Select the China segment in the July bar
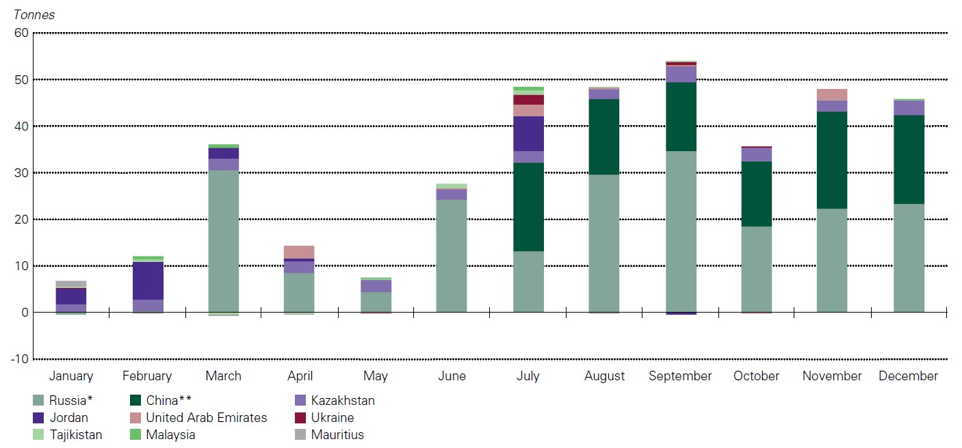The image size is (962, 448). [x=528, y=207]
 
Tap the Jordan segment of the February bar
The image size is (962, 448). [x=147, y=280]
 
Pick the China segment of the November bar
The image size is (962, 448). [x=832, y=160]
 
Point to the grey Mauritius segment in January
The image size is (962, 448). [x=71, y=284]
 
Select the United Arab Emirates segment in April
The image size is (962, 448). [x=300, y=252]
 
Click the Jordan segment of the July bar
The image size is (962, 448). [x=528, y=133]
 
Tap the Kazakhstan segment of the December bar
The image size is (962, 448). [x=909, y=107]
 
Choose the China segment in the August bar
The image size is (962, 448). [x=605, y=137]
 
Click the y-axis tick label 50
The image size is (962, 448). [x=21, y=79]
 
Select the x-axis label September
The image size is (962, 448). [x=680, y=376]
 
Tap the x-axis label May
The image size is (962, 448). [x=376, y=376]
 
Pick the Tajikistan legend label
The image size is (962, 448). [x=76, y=435]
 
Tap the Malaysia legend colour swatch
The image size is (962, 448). [x=135, y=435]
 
